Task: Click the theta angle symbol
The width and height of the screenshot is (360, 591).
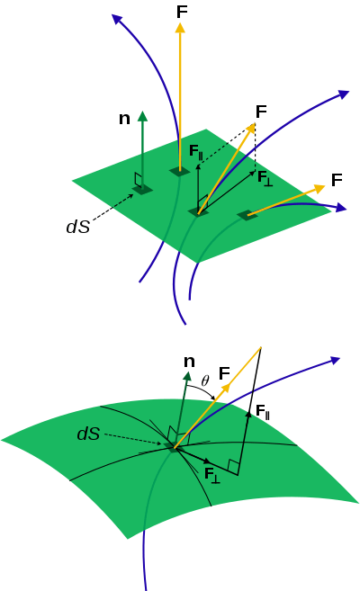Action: click(205, 381)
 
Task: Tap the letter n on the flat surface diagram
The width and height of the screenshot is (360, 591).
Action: click(124, 119)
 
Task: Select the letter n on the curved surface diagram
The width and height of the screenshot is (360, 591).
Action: click(189, 362)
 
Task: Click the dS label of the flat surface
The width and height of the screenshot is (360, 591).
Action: click(78, 227)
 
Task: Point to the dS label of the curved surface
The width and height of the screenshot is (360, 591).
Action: click(88, 434)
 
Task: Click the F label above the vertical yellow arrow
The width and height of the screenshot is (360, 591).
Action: click(182, 12)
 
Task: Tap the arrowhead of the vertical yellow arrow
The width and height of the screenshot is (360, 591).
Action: click(180, 28)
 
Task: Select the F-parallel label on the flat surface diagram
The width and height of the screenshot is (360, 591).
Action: click(196, 152)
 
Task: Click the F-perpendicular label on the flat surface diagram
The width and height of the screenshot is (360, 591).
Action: click(265, 178)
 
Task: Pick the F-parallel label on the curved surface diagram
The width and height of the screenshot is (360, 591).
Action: click(263, 412)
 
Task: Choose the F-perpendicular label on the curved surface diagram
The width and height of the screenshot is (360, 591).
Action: click(212, 475)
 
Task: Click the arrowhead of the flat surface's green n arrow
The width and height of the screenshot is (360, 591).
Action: click(142, 116)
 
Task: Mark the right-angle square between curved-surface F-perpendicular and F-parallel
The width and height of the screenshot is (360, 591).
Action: click(234, 468)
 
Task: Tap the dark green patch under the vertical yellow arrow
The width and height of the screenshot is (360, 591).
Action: click(180, 172)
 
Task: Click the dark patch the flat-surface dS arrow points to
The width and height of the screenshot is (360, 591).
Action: click(142, 190)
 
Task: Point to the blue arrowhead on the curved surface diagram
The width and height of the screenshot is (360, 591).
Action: click(335, 361)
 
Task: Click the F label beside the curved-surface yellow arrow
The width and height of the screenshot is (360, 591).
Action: click(224, 373)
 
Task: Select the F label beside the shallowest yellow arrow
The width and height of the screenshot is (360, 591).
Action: click(337, 180)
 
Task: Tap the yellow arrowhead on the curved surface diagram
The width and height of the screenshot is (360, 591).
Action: click(225, 389)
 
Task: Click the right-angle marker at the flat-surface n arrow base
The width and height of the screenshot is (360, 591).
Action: click(138, 180)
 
